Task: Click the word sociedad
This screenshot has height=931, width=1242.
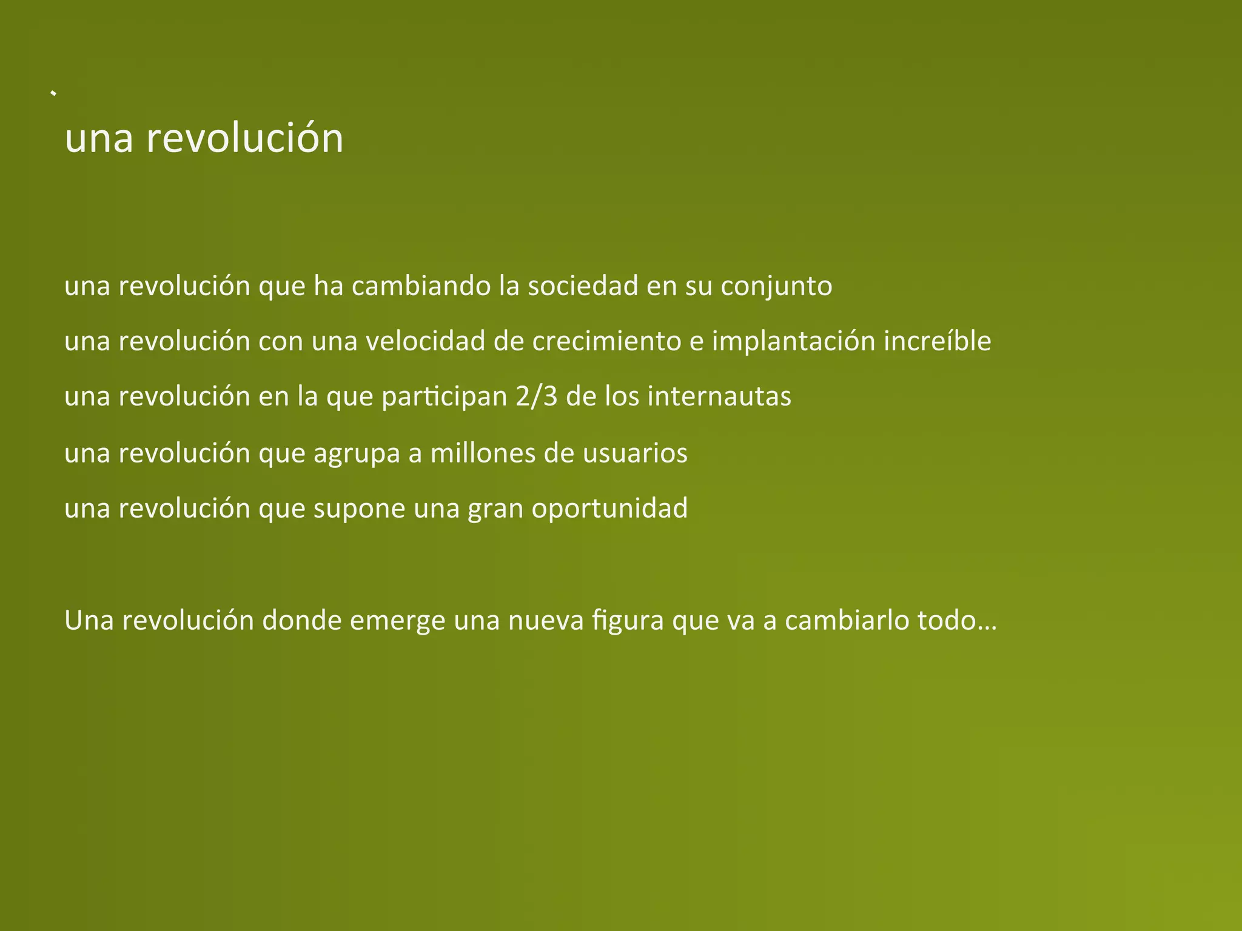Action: coord(582,286)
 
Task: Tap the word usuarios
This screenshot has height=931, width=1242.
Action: coord(635,453)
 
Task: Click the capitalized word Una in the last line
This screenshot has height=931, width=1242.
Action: coord(89,621)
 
